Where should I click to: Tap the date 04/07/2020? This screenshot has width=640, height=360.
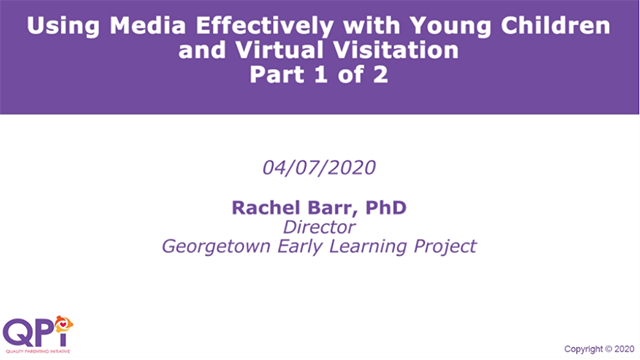[320, 167]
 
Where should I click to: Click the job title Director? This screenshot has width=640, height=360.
[320, 227]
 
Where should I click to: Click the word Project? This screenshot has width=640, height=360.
[445, 246]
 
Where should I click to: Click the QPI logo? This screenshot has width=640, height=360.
[39, 333]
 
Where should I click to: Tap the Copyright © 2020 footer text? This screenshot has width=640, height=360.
[598, 349]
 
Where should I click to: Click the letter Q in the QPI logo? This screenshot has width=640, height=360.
[19, 331]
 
